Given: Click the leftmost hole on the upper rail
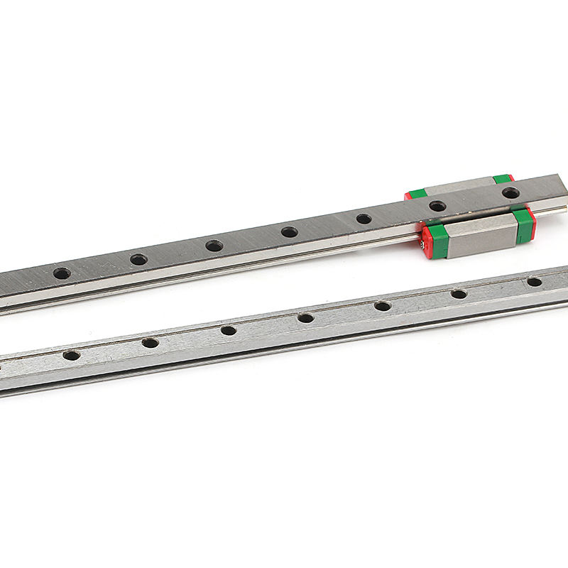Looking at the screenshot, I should point(62,273).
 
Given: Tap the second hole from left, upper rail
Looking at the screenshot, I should point(138,260).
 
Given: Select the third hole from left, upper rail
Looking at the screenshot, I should point(214,246).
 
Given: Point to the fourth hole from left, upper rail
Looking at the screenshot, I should point(289,231).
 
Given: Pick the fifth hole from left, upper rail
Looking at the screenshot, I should point(364,219).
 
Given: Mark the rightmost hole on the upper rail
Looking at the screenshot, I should point(510,192).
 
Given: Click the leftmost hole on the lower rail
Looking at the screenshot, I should point(71,355).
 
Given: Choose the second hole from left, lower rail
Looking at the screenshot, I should point(150,343).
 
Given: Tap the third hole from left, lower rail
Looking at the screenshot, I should point(228,330).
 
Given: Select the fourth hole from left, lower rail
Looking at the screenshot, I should point(305,318).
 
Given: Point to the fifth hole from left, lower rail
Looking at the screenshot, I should point(382,306).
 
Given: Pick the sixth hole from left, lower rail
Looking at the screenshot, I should point(459,294).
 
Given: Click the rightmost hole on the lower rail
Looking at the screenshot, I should point(534,282).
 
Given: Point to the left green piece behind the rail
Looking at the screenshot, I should point(417,192).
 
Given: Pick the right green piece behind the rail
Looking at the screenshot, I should point(502,179).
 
